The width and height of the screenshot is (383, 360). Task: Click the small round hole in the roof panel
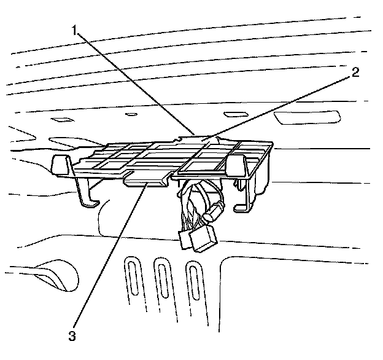click(x=131, y=114)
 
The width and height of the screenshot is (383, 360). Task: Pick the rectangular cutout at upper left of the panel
click(x=62, y=120)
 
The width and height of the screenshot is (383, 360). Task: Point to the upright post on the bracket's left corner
click(x=59, y=164)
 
